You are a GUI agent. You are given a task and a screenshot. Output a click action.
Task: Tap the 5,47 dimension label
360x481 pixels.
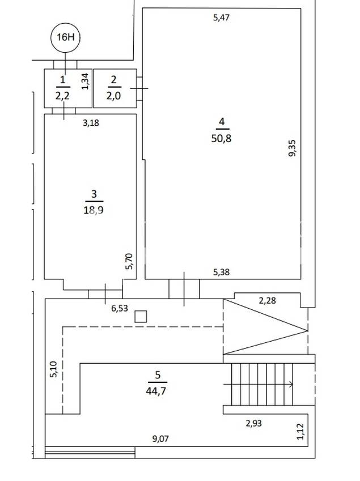click(221, 18)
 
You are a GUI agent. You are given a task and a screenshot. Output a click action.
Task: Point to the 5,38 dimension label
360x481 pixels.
click(221, 273)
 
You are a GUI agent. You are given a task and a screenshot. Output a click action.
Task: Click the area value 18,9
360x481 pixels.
click(95, 210)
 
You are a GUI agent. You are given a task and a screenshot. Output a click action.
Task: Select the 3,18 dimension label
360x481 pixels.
click(91, 122)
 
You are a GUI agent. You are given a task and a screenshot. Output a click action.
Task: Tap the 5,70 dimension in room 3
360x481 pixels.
click(129, 261)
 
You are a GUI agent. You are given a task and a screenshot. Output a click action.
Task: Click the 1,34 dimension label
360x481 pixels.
click(85, 82)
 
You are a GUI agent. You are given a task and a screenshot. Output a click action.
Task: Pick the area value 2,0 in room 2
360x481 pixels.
click(113, 96)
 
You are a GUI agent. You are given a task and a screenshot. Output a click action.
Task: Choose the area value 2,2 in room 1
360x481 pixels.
click(62, 96)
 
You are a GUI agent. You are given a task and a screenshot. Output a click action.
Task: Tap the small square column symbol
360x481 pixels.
click(141, 317)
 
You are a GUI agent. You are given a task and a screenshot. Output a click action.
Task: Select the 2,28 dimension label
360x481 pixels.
click(267, 300)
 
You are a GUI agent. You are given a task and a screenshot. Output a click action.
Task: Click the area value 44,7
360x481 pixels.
click(157, 390)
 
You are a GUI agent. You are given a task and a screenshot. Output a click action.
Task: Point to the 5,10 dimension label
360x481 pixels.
click(53, 369)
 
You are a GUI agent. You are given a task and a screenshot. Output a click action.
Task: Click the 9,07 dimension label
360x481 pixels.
click(160, 437)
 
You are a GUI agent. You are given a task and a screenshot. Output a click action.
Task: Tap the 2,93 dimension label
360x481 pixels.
click(253, 423)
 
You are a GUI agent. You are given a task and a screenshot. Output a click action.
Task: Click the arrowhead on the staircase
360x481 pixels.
click(291, 384)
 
